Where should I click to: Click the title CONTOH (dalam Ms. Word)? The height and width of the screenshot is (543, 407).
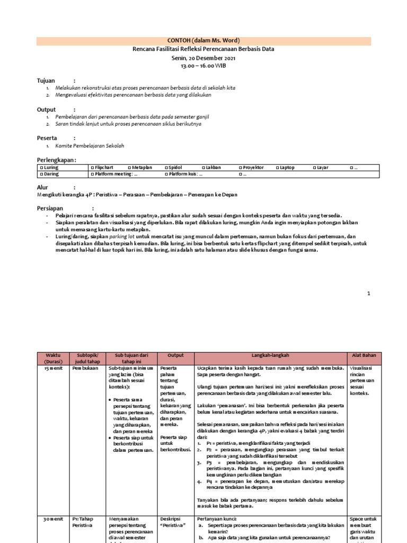click(203, 41)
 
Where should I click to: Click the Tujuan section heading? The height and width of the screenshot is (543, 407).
click(46, 80)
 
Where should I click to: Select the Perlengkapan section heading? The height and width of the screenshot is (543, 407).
click(56, 160)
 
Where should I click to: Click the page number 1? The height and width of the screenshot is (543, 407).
click(369, 293)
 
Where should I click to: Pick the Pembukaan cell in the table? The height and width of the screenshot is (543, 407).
click(85, 367)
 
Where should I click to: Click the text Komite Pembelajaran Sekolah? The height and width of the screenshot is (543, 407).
click(90, 145)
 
